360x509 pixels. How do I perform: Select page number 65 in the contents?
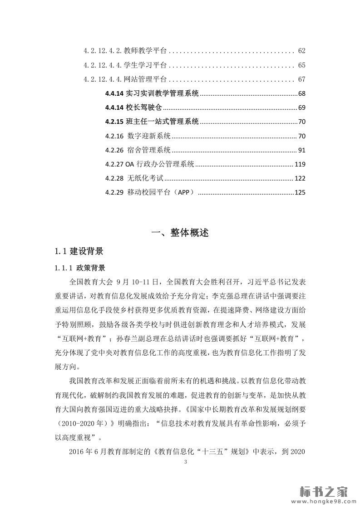pos(302,65)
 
